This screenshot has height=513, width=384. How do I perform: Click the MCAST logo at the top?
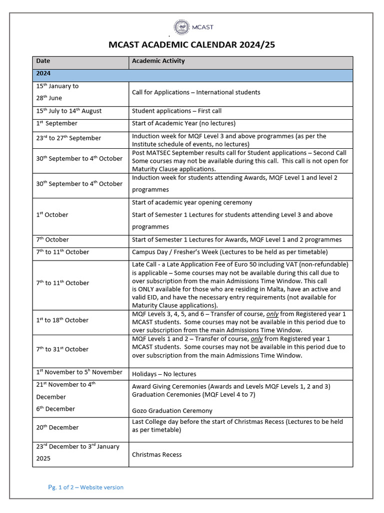(x=191, y=28)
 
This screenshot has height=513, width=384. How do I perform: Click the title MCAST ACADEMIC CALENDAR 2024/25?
(x=192, y=46)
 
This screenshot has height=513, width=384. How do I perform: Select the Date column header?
(x=43, y=61)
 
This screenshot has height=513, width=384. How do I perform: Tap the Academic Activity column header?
(x=158, y=61)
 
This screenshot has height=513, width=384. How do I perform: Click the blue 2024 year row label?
(x=43, y=73)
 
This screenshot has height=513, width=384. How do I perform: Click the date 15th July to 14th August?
(x=68, y=111)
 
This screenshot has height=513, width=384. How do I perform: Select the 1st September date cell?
(x=56, y=123)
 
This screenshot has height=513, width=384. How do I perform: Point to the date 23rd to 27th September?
(x=68, y=138)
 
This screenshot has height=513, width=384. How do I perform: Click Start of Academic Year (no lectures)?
(x=183, y=123)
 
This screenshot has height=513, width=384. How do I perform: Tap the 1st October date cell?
(x=52, y=215)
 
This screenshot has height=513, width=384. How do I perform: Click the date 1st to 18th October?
(x=62, y=320)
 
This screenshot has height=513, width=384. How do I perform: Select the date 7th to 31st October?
(x=62, y=349)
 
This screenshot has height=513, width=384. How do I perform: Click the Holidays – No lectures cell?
(x=164, y=374)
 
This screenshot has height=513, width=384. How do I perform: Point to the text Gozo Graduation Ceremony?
(x=172, y=411)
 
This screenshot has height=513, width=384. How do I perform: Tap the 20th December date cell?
(x=57, y=427)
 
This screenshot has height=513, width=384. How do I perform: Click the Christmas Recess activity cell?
(x=156, y=455)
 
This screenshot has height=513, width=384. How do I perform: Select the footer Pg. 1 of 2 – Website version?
(x=85, y=487)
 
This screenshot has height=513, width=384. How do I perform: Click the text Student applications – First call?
(x=176, y=111)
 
